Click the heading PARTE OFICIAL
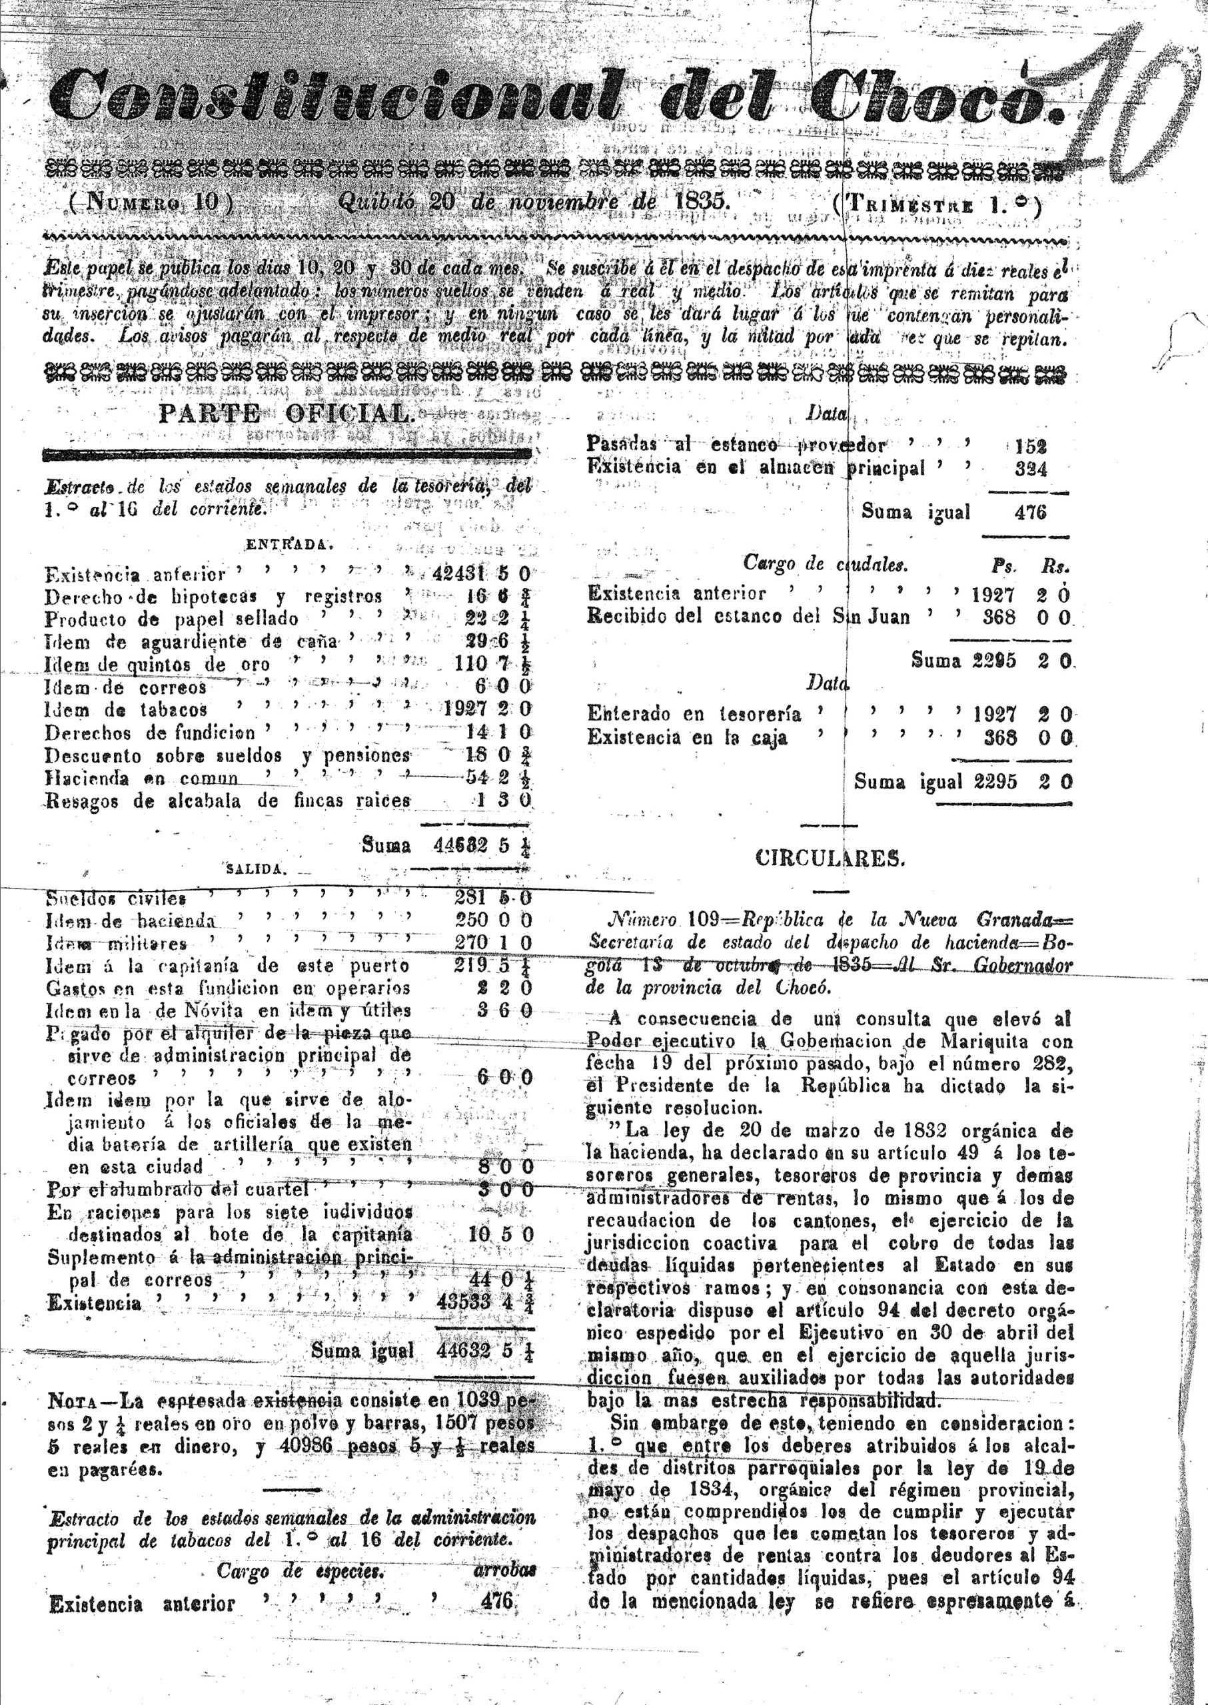click(284, 414)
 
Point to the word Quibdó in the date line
click(379, 202)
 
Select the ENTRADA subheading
click(286, 543)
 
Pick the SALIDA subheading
click(253, 868)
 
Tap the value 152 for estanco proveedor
click(1030, 446)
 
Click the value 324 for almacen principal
click(1030, 469)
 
